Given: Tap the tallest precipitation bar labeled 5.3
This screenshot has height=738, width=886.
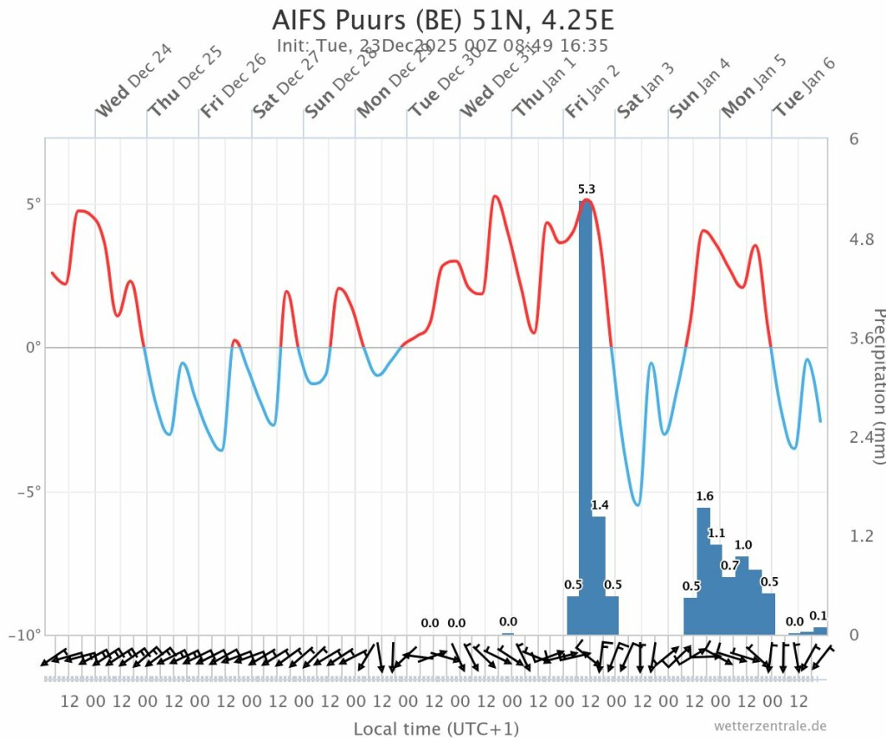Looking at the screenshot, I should pos(586,415).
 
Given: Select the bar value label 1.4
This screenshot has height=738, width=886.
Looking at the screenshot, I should pos(600,505).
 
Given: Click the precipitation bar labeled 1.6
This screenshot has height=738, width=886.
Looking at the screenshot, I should pos(703,571).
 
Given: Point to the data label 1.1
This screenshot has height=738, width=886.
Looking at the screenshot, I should pos(716,533).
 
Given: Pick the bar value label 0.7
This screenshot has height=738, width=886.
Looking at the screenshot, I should pos(729,566).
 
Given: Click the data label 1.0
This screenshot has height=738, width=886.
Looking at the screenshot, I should pos(743,545).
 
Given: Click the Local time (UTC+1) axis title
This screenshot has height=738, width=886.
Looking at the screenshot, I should pos(436,729).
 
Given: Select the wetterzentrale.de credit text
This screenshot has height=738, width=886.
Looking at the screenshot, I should pos(771,725).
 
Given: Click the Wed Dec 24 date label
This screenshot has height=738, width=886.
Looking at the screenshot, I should pos(134,80).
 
